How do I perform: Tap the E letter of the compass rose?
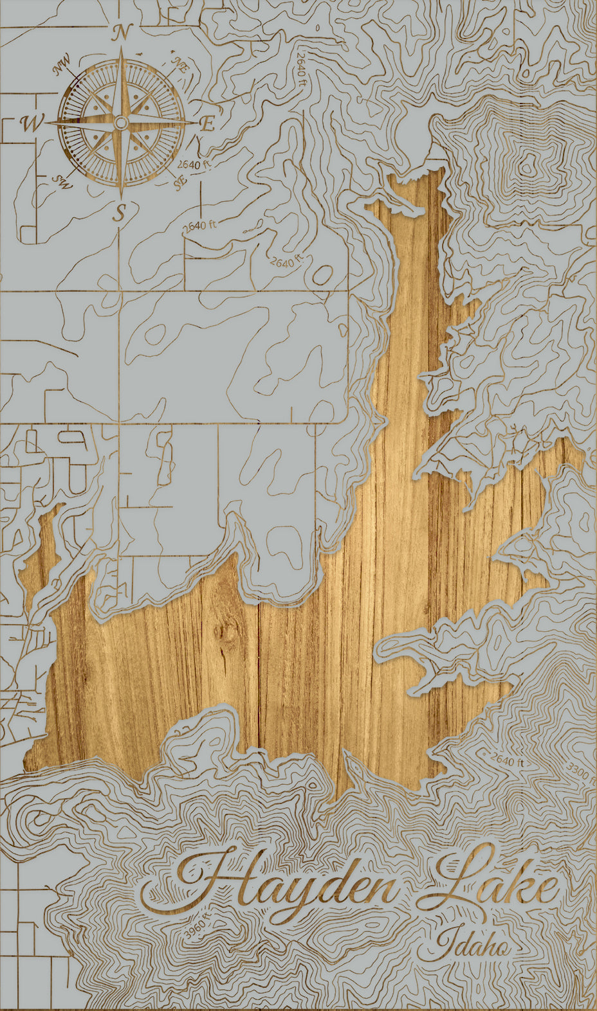tap(207, 125)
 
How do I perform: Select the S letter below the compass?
tap(118, 212)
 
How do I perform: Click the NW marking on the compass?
tap(62, 65)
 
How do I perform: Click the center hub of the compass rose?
tap(120, 122)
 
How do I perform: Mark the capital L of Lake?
tap(454, 877)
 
